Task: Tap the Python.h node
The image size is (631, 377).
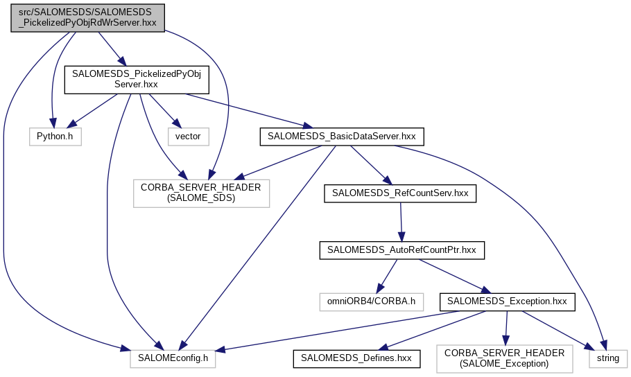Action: (55, 137)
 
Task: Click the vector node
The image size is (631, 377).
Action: (188, 137)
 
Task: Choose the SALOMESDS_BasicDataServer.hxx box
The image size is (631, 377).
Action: (340, 137)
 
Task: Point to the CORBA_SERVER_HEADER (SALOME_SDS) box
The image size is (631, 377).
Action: (202, 193)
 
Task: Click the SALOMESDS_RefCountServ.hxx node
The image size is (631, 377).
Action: (400, 193)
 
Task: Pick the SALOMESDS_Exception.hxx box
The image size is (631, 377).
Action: (507, 301)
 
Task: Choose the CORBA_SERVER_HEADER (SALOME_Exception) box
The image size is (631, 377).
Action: (504, 358)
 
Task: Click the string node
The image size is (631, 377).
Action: (607, 358)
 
